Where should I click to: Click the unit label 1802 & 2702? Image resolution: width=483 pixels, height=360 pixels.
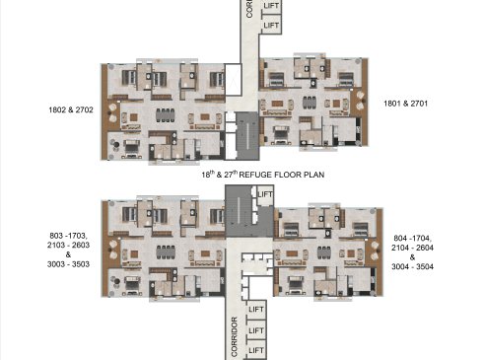pos(71,109)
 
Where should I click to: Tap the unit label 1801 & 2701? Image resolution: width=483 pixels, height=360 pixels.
pos(406,104)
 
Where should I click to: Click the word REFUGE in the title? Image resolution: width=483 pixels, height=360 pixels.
pos(255,175)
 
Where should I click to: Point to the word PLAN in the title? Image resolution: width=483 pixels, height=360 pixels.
pos(313,175)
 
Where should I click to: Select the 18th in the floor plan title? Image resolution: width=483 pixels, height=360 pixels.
pos(208,175)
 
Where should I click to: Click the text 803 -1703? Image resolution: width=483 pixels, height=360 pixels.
pos(68,236)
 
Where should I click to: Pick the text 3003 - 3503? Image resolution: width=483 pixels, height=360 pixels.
pos(68,264)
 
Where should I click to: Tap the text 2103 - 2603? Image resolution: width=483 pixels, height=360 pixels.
pos(68,245)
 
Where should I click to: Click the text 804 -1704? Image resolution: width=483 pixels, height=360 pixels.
pos(412,238)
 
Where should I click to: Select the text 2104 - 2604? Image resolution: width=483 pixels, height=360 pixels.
pos(412,248)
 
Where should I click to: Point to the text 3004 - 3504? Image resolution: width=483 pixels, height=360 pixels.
pos(412,266)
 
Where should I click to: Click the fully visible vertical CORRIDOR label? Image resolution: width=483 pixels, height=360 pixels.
pos(235,336)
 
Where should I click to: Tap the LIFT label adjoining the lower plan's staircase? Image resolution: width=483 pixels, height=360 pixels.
pos(265,194)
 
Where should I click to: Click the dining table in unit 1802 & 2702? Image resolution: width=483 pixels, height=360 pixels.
pos(166,115)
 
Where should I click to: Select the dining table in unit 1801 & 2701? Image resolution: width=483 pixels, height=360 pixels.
pos(310,103)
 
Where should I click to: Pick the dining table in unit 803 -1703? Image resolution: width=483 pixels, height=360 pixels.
pos(166,252)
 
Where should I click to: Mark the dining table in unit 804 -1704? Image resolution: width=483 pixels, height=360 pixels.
pos(323,252)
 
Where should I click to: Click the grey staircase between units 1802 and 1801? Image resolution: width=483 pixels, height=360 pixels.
pos(247,136)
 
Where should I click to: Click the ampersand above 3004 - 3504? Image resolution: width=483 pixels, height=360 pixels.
pos(412,257)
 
